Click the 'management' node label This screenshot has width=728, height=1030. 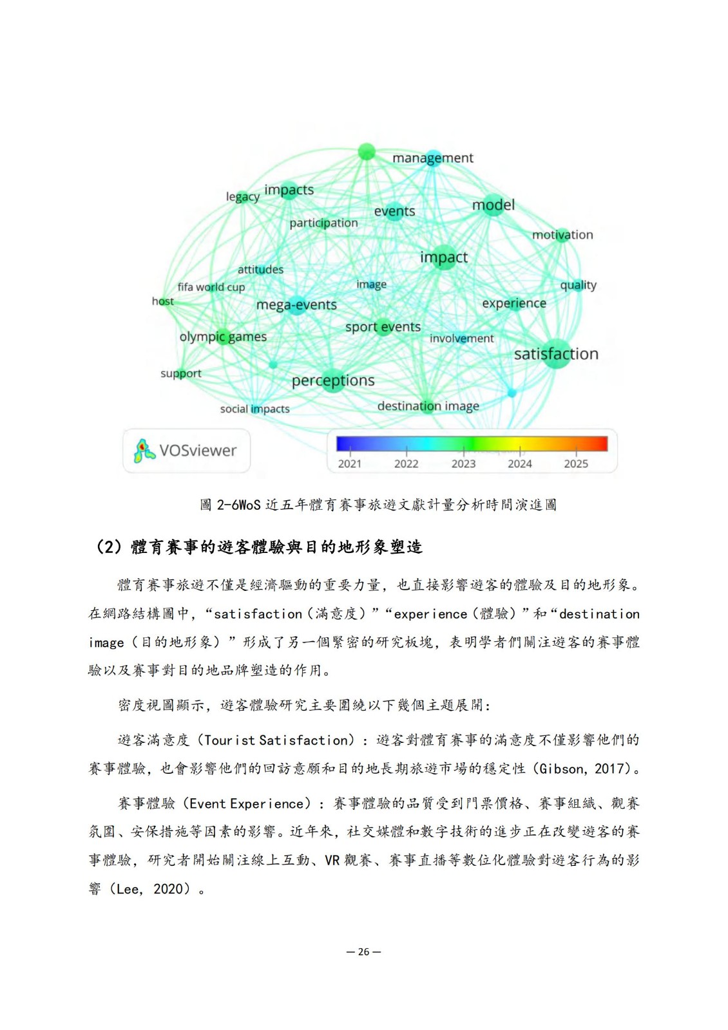432,158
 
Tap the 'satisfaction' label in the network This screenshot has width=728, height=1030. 556,354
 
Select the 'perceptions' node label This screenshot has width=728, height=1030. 333,380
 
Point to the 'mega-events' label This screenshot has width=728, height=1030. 296,304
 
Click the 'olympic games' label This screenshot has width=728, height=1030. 223,337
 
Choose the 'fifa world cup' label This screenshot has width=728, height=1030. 211,287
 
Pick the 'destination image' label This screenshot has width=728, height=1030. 428,406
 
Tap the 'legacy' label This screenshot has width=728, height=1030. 242,196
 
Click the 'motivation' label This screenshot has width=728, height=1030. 562,235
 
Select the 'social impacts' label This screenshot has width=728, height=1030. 254,409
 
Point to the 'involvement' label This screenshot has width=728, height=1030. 461,339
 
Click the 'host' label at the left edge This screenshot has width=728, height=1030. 162,301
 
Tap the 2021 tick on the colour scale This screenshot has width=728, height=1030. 350,464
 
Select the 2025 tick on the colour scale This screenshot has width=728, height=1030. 576,464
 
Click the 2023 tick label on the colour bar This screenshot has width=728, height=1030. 463,464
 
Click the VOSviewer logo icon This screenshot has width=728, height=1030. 144,451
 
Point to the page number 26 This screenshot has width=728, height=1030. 364,952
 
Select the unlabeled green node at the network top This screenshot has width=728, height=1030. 366,152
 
